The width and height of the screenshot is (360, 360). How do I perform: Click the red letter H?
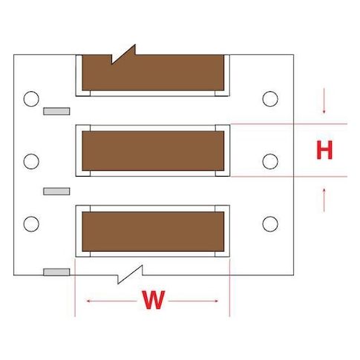pos(324,150)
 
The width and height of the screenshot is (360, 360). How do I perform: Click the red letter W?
pos(153,300)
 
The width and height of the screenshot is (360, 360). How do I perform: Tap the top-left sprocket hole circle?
pos(31,99)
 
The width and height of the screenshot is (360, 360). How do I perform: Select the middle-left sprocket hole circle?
pos(31,161)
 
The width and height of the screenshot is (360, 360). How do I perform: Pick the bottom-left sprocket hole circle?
pos(31,224)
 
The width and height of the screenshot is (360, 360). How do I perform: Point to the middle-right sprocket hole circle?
pos(270,161)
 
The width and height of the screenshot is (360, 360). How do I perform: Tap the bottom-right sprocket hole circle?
pos(270,224)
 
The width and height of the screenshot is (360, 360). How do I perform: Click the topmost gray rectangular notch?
pos(56,111)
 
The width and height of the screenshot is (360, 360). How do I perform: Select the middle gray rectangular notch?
pos(56,192)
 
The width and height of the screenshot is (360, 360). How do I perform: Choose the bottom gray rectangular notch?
pos(56,272)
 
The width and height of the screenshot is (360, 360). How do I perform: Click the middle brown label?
pos(153,151)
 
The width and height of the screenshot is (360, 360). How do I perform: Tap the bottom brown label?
pos(153,232)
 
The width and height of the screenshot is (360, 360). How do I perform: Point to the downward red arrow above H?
pos(324,101)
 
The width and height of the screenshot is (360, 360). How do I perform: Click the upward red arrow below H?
pos(324,200)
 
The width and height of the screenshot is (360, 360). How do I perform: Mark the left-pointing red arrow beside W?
pos(111,301)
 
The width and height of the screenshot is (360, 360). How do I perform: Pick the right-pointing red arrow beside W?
pos(193,301)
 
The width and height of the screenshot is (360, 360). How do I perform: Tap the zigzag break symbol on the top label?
pos(124,54)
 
